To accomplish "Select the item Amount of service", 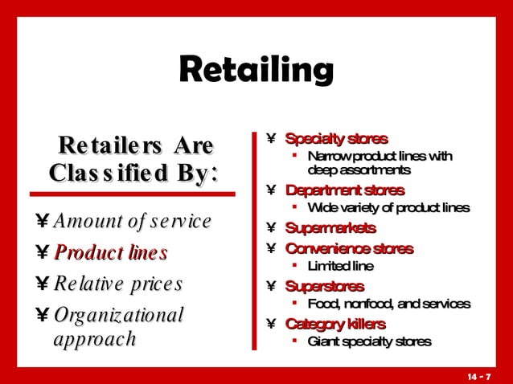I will pos(132,221).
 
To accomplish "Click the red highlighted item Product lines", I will pos(110,253).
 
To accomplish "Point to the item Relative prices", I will pos(117,284).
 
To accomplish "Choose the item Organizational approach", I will pos(118,326).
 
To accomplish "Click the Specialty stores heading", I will pos(336,139).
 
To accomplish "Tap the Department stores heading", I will pos(345,191).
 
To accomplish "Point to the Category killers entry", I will pos(335,324).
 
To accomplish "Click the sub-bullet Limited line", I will pos(341,266).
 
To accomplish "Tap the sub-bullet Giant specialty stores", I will pos(370,341).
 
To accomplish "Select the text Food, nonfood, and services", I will pos(388,304).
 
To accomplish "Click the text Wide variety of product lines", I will pos(388,209).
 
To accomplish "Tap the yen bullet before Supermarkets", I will pos(271,229).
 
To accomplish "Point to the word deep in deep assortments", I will pos(321,170).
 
